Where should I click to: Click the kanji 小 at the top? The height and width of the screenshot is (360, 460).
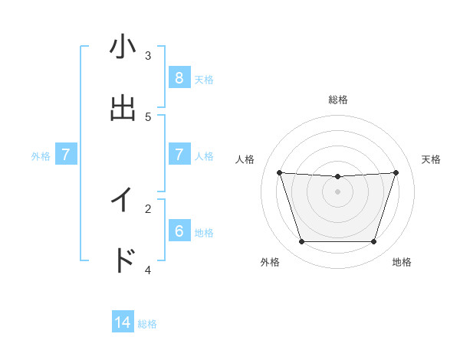click(x=123, y=47)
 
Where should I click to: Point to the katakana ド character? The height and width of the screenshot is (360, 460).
click(x=123, y=260)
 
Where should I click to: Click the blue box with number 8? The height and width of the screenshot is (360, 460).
click(x=179, y=77)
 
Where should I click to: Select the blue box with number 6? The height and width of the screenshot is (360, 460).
click(x=179, y=231)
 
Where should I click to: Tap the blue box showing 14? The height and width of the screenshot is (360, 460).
click(x=123, y=322)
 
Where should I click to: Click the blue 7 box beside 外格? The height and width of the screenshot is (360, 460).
click(x=66, y=155)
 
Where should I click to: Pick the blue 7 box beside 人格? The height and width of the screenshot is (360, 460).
click(x=179, y=155)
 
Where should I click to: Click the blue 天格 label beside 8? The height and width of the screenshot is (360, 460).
click(x=204, y=79)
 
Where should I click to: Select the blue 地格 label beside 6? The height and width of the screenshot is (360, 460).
click(x=204, y=232)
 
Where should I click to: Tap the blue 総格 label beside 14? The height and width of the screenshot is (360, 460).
click(x=147, y=324)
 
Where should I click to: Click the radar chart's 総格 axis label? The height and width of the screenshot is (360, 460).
click(x=338, y=100)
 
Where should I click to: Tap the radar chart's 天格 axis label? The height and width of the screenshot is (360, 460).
click(x=432, y=159)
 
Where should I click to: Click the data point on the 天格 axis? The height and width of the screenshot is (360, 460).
click(x=396, y=172)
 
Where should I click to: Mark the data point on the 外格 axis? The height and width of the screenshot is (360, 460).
click(x=301, y=242)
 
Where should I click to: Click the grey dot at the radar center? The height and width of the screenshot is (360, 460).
click(x=337, y=191)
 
